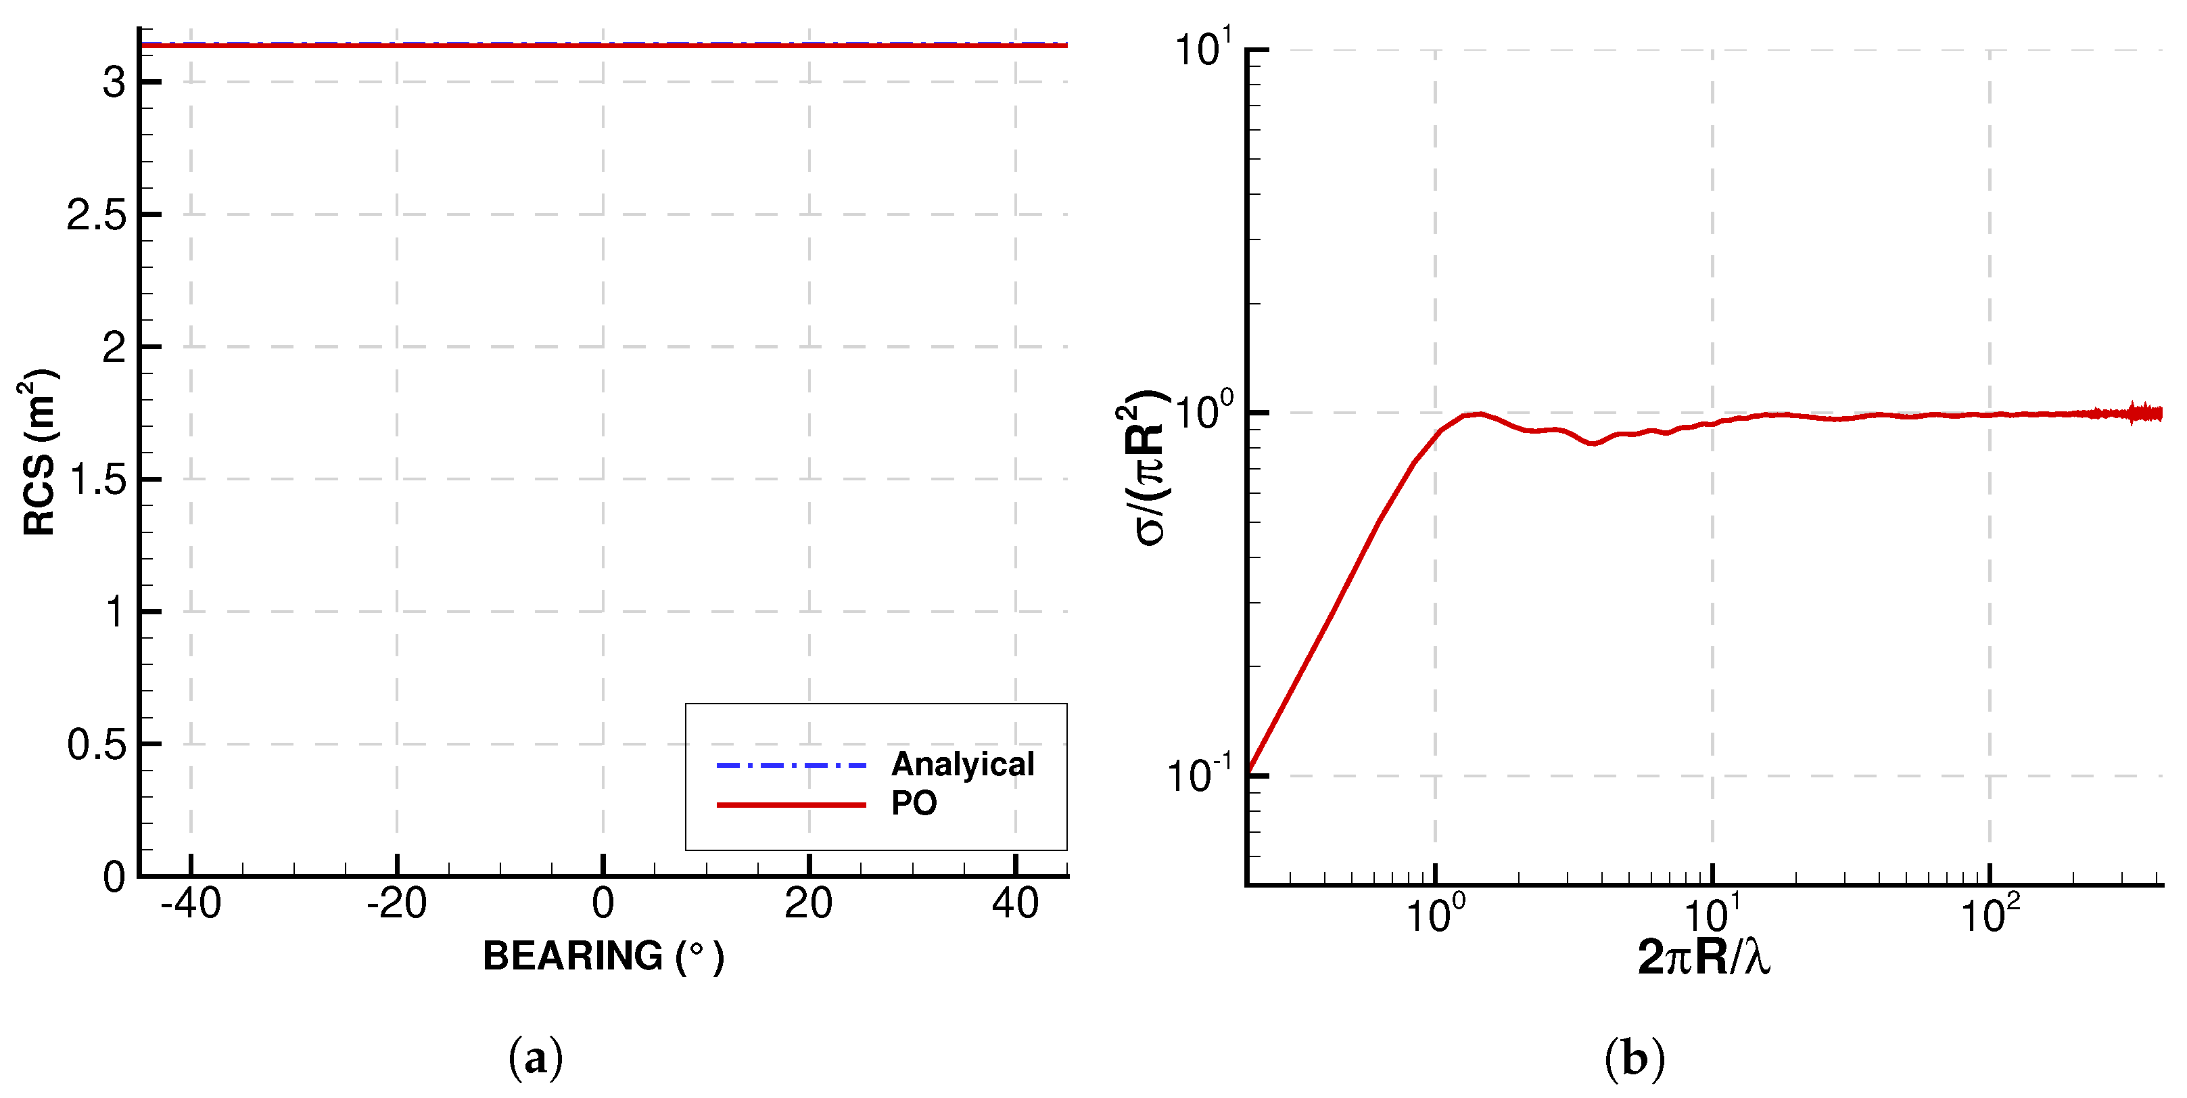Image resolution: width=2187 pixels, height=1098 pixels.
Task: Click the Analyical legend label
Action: (x=962, y=764)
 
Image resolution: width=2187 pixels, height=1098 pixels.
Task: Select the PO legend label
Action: (x=914, y=803)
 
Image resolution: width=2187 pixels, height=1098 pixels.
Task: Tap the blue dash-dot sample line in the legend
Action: (x=791, y=766)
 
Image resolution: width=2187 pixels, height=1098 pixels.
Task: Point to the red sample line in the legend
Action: (x=791, y=804)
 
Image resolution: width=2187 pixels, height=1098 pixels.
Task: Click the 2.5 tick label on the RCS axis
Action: (x=96, y=216)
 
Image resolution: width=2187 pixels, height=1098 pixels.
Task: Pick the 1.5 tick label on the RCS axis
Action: (x=96, y=480)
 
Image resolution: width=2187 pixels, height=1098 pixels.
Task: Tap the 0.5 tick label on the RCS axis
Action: (x=96, y=745)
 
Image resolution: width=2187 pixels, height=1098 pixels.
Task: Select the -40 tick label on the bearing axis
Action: (x=190, y=904)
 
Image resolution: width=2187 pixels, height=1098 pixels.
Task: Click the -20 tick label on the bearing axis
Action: (x=396, y=904)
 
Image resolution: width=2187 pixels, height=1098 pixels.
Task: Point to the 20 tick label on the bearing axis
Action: (x=808, y=904)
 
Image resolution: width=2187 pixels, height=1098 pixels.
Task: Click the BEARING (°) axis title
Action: (x=603, y=957)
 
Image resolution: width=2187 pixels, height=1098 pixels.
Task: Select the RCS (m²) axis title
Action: (x=39, y=452)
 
